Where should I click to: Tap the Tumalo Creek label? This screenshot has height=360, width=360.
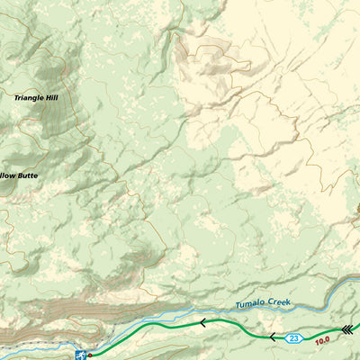265,302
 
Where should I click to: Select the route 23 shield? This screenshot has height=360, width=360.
294,338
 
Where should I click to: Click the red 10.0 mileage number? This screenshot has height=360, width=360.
322,340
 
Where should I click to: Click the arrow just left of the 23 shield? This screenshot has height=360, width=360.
272,337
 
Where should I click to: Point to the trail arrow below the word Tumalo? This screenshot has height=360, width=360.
203,321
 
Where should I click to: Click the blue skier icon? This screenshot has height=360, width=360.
81,355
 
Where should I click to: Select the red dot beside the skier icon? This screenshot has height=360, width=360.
90,355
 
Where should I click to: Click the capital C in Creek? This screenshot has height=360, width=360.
273,301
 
